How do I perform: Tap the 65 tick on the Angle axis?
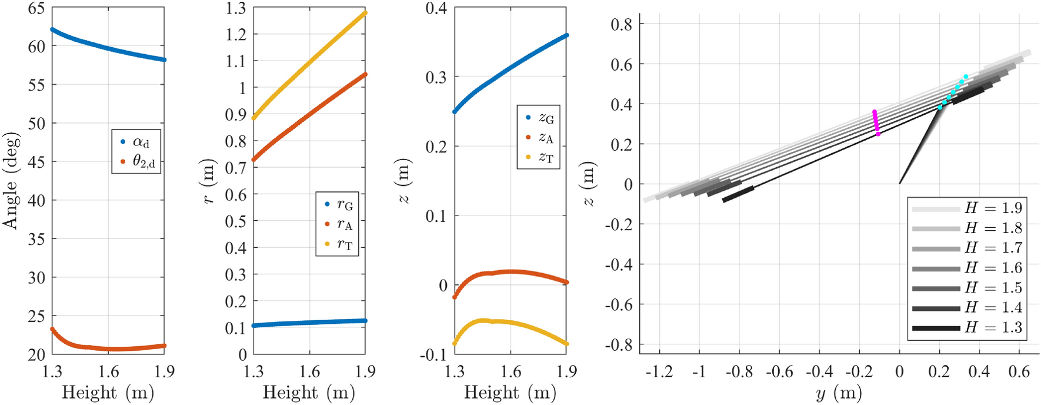pyautogui.click(x=36, y=8)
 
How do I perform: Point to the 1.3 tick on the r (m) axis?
pyautogui.click(x=236, y=8)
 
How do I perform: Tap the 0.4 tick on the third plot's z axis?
pyautogui.click(x=436, y=8)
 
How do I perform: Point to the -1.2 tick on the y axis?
pyautogui.click(x=659, y=372)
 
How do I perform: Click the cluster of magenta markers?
pyautogui.click(x=876, y=122)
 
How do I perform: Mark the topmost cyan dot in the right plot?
pyautogui.click(x=966, y=77)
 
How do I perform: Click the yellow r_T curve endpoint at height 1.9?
pyautogui.click(x=365, y=12)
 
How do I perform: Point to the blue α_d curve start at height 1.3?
pyautogui.click(x=52, y=29)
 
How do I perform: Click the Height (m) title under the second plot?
pyautogui.click(x=309, y=393)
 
